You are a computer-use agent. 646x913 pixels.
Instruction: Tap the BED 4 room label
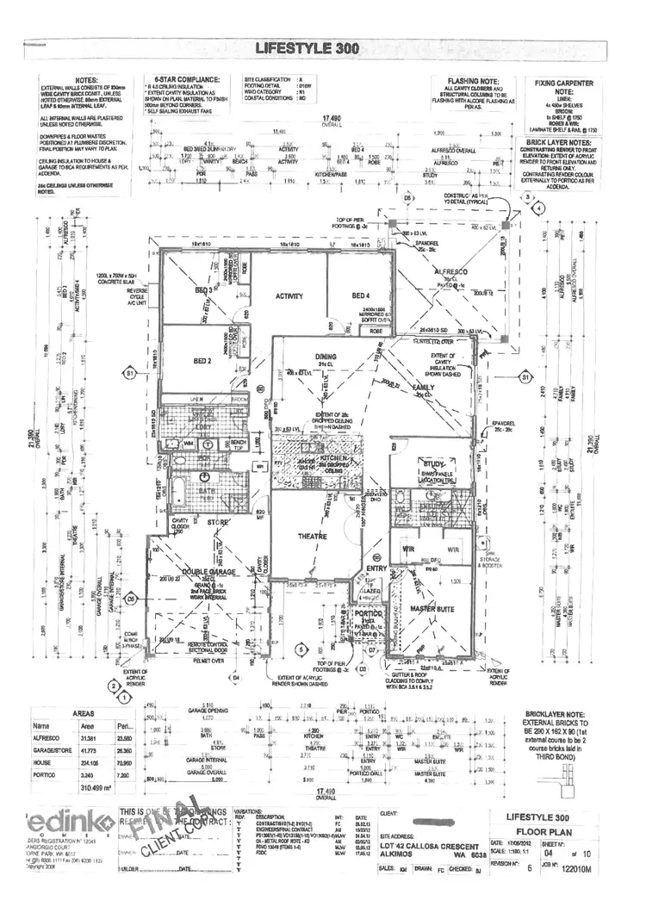tap(360, 295)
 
